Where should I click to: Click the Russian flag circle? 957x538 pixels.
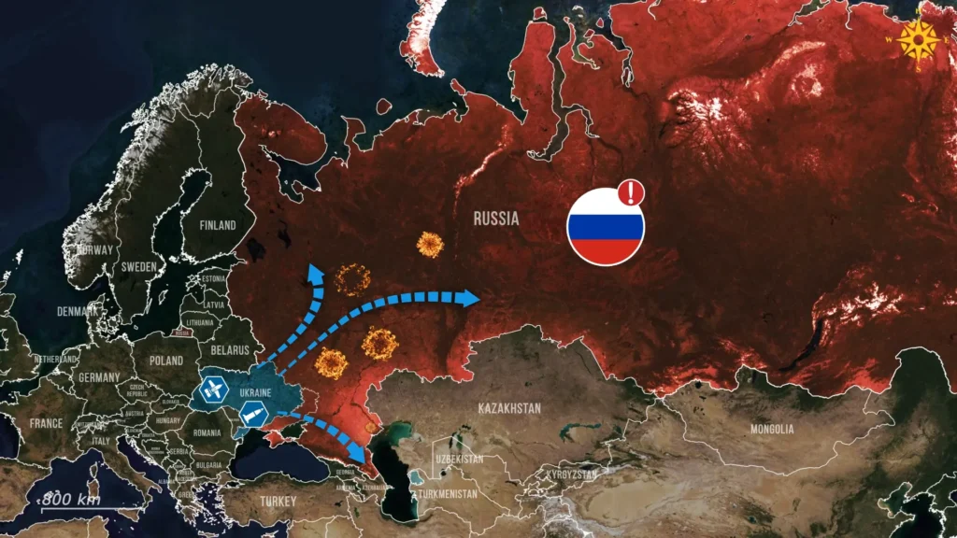tap(606, 227)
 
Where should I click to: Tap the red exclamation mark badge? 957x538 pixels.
tap(632, 193)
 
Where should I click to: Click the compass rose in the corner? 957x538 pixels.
tap(918, 39)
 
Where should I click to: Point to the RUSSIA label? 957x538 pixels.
tap(496, 220)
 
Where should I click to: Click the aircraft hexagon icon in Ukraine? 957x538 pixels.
tap(214, 389)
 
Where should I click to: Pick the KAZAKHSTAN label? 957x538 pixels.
tap(509, 408)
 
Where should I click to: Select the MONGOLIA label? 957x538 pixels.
tap(772, 429)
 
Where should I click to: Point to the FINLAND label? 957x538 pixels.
tap(218, 225)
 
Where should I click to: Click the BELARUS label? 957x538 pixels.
tap(232, 350)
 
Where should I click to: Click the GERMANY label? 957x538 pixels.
tap(100, 377)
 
